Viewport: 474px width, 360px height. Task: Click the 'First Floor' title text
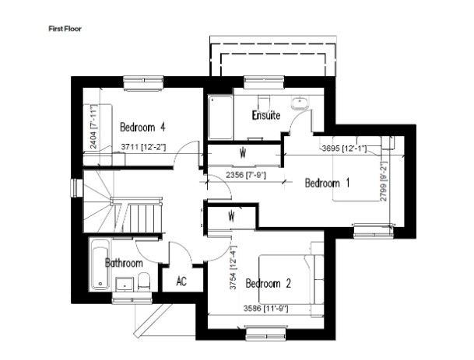click(65, 29)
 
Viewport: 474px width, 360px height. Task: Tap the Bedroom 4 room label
click(142, 128)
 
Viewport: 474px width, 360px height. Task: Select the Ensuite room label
click(266, 115)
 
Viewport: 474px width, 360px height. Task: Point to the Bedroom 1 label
click(327, 183)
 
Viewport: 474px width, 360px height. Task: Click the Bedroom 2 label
click(269, 283)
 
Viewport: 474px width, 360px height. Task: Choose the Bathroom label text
click(124, 263)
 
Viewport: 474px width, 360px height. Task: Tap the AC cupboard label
click(181, 281)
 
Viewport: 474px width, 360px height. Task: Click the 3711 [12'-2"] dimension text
click(143, 147)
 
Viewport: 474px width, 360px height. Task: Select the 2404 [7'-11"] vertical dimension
click(94, 127)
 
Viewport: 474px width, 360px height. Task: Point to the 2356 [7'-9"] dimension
click(246, 175)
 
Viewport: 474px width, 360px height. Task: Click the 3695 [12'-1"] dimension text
click(344, 149)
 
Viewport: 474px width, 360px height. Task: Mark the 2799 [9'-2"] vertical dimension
click(384, 181)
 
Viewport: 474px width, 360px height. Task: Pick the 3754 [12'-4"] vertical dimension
click(233, 268)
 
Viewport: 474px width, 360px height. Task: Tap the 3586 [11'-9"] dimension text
click(266, 309)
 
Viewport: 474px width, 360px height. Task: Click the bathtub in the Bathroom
click(100, 264)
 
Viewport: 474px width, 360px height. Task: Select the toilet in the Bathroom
click(143, 281)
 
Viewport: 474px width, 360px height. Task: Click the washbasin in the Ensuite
click(300, 103)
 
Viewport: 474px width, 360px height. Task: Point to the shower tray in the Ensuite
click(220, 117)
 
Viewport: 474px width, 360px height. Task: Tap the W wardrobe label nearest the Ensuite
click(242, 153)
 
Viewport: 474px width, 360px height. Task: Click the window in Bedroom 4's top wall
click(143, 82)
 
